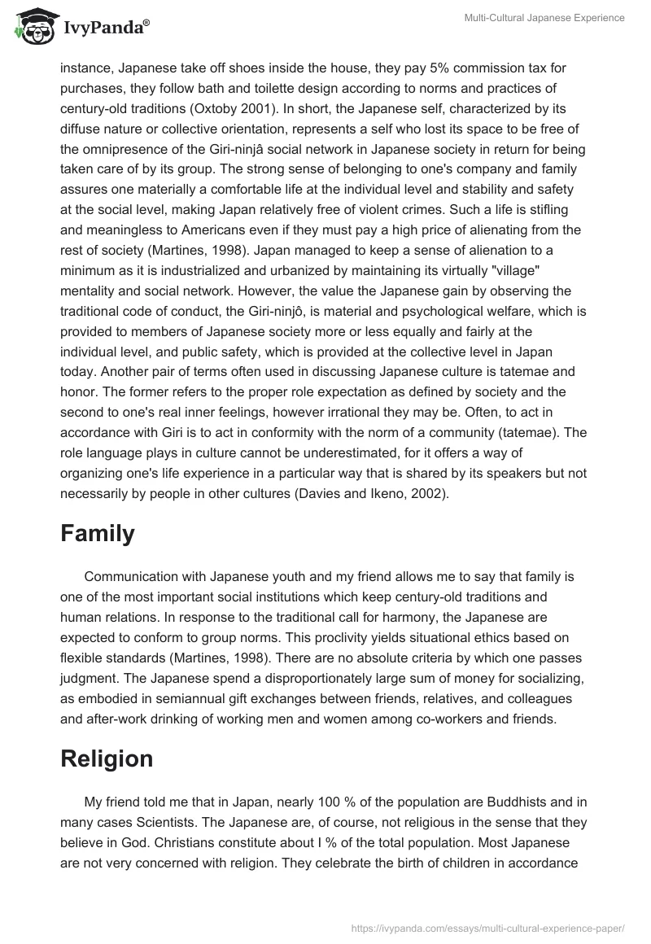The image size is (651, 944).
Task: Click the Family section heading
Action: pos(97,533)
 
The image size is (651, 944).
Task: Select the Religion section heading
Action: pos(107,758)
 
